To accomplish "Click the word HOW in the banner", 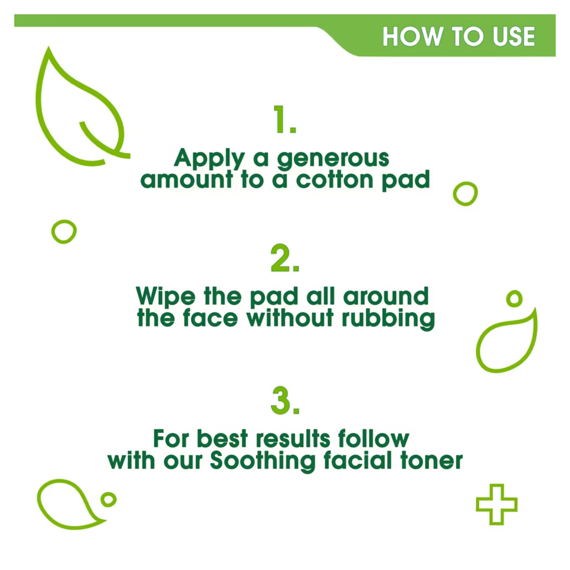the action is coord(412,37).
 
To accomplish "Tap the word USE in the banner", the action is coord(514,37).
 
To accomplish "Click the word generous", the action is coord(333,159).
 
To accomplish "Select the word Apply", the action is coord(209,158).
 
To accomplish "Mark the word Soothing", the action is coord(263,462).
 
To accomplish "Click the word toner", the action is coord(432,460).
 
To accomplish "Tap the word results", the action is coord(293,438).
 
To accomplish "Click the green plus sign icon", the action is coord(496,504).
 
